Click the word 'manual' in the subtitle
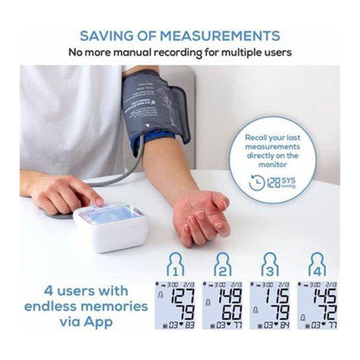pos(163,54)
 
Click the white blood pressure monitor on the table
pos(110,223)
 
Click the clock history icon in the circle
pos(257,182)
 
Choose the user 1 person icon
pos(176,264)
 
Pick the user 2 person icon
pos(223,264)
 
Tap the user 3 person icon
pos(271,264)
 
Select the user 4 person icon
pos(318,264)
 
